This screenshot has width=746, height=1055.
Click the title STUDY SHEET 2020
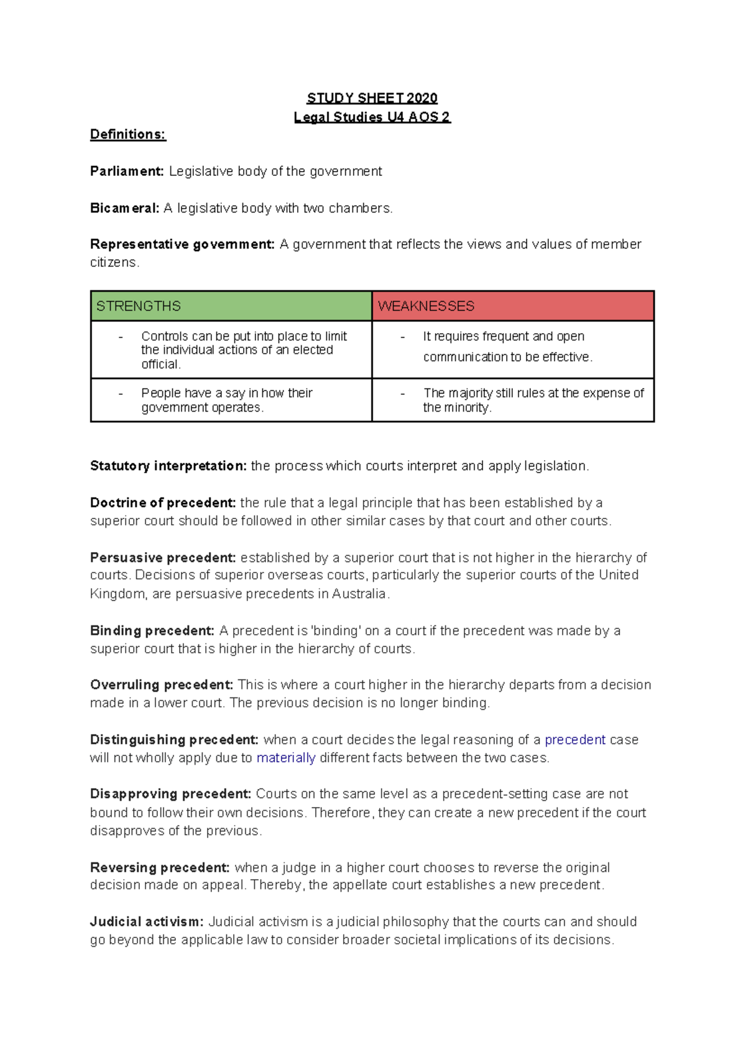click(372, 98)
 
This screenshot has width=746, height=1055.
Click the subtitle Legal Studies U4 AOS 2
click(372, 117)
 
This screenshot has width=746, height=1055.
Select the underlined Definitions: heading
click(128, 134)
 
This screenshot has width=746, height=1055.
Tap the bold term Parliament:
click(127, 171)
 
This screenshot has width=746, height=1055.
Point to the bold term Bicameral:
click(124, 208)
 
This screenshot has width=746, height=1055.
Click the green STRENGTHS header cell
click(231, 306)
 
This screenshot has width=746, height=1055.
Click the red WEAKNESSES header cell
click(513, 306)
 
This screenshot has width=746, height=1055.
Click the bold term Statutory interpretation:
click(168, 466)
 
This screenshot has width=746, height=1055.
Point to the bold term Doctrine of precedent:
click(163, 502)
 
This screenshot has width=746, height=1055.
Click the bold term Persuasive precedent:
click(163, 558)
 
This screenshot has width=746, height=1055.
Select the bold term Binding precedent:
click(152, 630)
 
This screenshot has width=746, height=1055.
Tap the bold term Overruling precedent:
click(162, 684)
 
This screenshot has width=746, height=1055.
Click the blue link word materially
click(286, 758)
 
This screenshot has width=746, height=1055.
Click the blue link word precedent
click(575, 740)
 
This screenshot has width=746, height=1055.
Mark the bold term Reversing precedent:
click(160, 867)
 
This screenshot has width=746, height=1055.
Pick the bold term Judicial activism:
click(147, 921)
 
